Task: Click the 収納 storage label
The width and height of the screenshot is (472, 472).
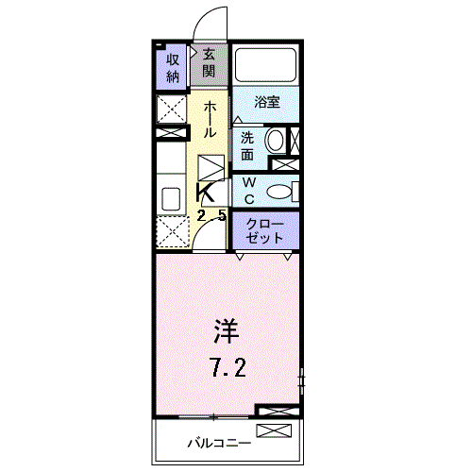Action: pyautogui.click(x=173, y=66)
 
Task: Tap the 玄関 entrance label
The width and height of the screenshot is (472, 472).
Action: pyautogui.click(x=210, y=63)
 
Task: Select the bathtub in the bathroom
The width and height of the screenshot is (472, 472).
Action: pyautogui.click(x=265, y=65)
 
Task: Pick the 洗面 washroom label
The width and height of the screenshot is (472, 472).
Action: pyautogui.click(x=247, y=144)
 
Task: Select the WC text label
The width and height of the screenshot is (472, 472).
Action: pyautogui.click(x=249, y=190)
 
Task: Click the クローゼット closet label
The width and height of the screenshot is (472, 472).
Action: pyautogui.click(x=265, y=230)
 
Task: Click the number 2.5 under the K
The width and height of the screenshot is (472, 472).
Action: pyautogui.click(x=211, y=215)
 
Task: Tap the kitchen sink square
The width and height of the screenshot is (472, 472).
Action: pyautogui.click(x=172, y=199)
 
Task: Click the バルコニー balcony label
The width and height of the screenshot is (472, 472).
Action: pyautogui.click(x=218, y=442)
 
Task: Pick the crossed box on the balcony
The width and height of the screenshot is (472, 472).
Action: pyautogui.click(x=277, y=430)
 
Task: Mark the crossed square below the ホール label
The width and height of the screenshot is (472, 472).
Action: pyautogui.click(x=211, y=169)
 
